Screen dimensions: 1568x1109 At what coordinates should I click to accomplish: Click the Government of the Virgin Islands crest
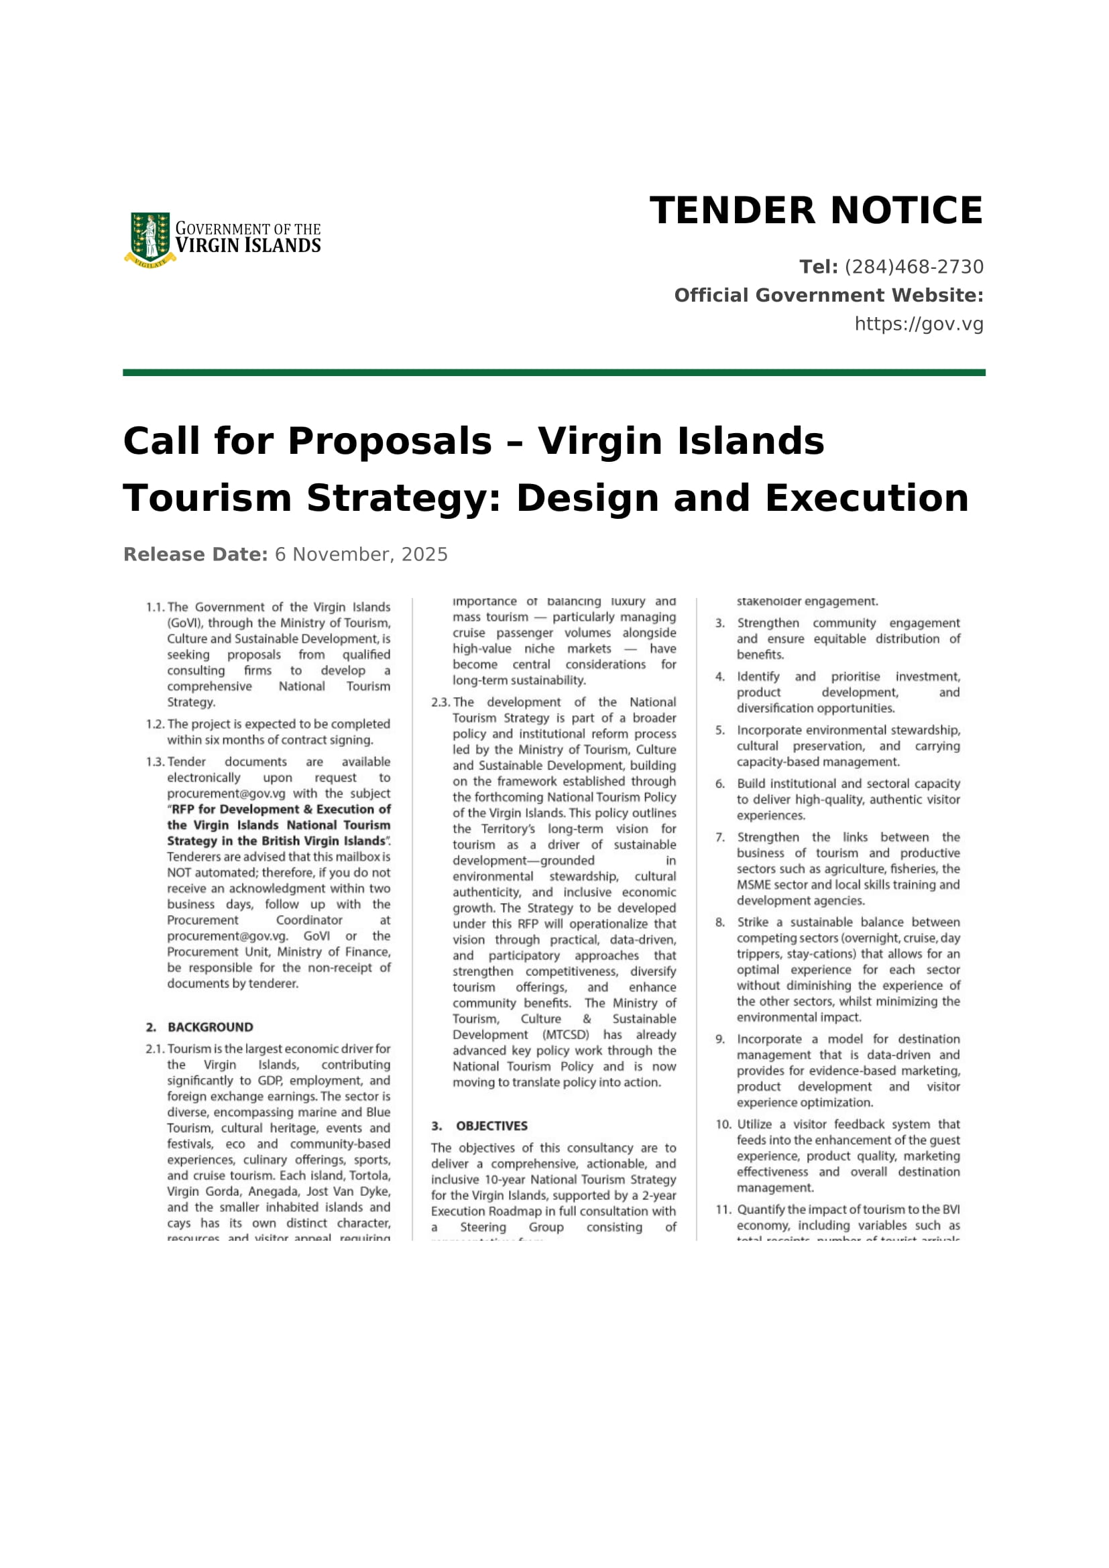[x=150, y=239]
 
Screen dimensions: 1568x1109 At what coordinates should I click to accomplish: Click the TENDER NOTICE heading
[x=816, y=210]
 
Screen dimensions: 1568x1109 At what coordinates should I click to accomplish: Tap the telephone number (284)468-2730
[x=914, y=267]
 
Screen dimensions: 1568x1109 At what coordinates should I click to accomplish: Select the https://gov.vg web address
[x=919, y=324]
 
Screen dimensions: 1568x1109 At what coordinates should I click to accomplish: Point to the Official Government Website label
[x=828, y=295]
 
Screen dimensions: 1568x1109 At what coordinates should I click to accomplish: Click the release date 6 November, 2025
[x=361, y=554]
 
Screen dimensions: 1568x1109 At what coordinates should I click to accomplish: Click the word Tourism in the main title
[x=207, y=498]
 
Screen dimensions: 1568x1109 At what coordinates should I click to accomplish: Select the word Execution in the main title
[x=866, y=498]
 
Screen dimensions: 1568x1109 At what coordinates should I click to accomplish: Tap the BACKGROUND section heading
[x=211, y=1027]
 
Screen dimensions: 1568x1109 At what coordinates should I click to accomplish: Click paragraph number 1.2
[x=155, y=724]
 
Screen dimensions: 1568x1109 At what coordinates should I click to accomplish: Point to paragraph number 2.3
[x=441, y=702]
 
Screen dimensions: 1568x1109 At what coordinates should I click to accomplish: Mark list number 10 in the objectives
[x=724, y=1124]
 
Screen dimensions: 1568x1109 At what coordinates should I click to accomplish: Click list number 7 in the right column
[x=720, y=837]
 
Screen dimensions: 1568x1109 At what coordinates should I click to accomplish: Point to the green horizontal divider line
[x=554, y=373]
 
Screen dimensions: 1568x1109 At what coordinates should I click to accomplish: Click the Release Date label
[x=195, y=554]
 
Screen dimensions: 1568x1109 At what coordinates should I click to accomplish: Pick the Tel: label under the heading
[x=818, y=267]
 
